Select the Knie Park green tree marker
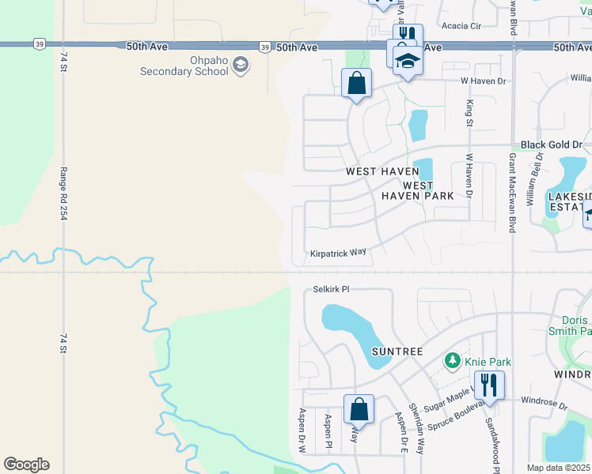(x=452, y=362)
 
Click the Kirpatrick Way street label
(x=338, y=253)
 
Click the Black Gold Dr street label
(x=551, y=145)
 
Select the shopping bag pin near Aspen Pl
(x=359, y=410)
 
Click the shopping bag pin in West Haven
(x=357, y=83)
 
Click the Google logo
(x=26, y=465)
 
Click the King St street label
(x=469, y=114)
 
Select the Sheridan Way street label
(x=416, y=431)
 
